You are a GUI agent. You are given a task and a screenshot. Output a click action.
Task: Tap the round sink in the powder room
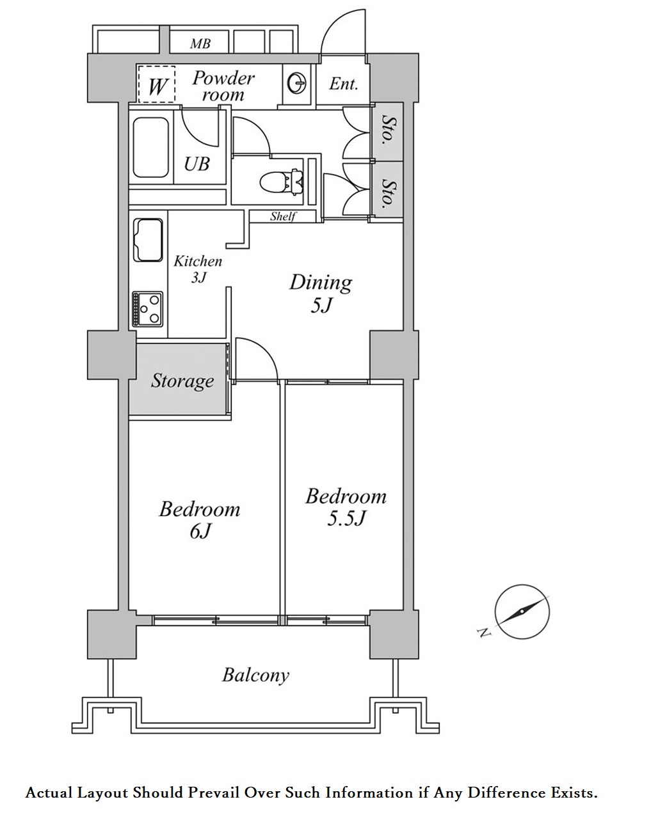pos(297,83)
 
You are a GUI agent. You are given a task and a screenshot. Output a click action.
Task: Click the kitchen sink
pos(147,240)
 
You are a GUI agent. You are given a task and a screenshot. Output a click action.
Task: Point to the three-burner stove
pos(147,309)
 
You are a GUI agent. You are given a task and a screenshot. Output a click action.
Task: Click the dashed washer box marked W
pos(157,84)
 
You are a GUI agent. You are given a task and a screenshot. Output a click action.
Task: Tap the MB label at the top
pos(200,44)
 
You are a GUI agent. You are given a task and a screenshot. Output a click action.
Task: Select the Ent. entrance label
pos(344,84)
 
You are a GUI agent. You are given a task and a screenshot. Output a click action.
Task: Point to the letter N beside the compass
pos(484,633)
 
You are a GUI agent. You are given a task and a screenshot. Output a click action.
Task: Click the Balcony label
pos(255,675)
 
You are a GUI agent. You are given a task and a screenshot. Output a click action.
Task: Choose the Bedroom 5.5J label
pos(346,507)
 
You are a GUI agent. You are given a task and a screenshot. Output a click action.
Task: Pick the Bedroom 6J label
pos(199,519)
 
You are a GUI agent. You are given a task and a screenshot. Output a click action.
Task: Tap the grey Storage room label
pos(182,381)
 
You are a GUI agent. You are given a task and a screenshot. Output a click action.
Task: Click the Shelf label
pos(282,216)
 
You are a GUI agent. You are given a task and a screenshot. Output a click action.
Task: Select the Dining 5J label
pos(321,292)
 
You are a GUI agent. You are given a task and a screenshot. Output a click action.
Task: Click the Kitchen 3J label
pos(198,269)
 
